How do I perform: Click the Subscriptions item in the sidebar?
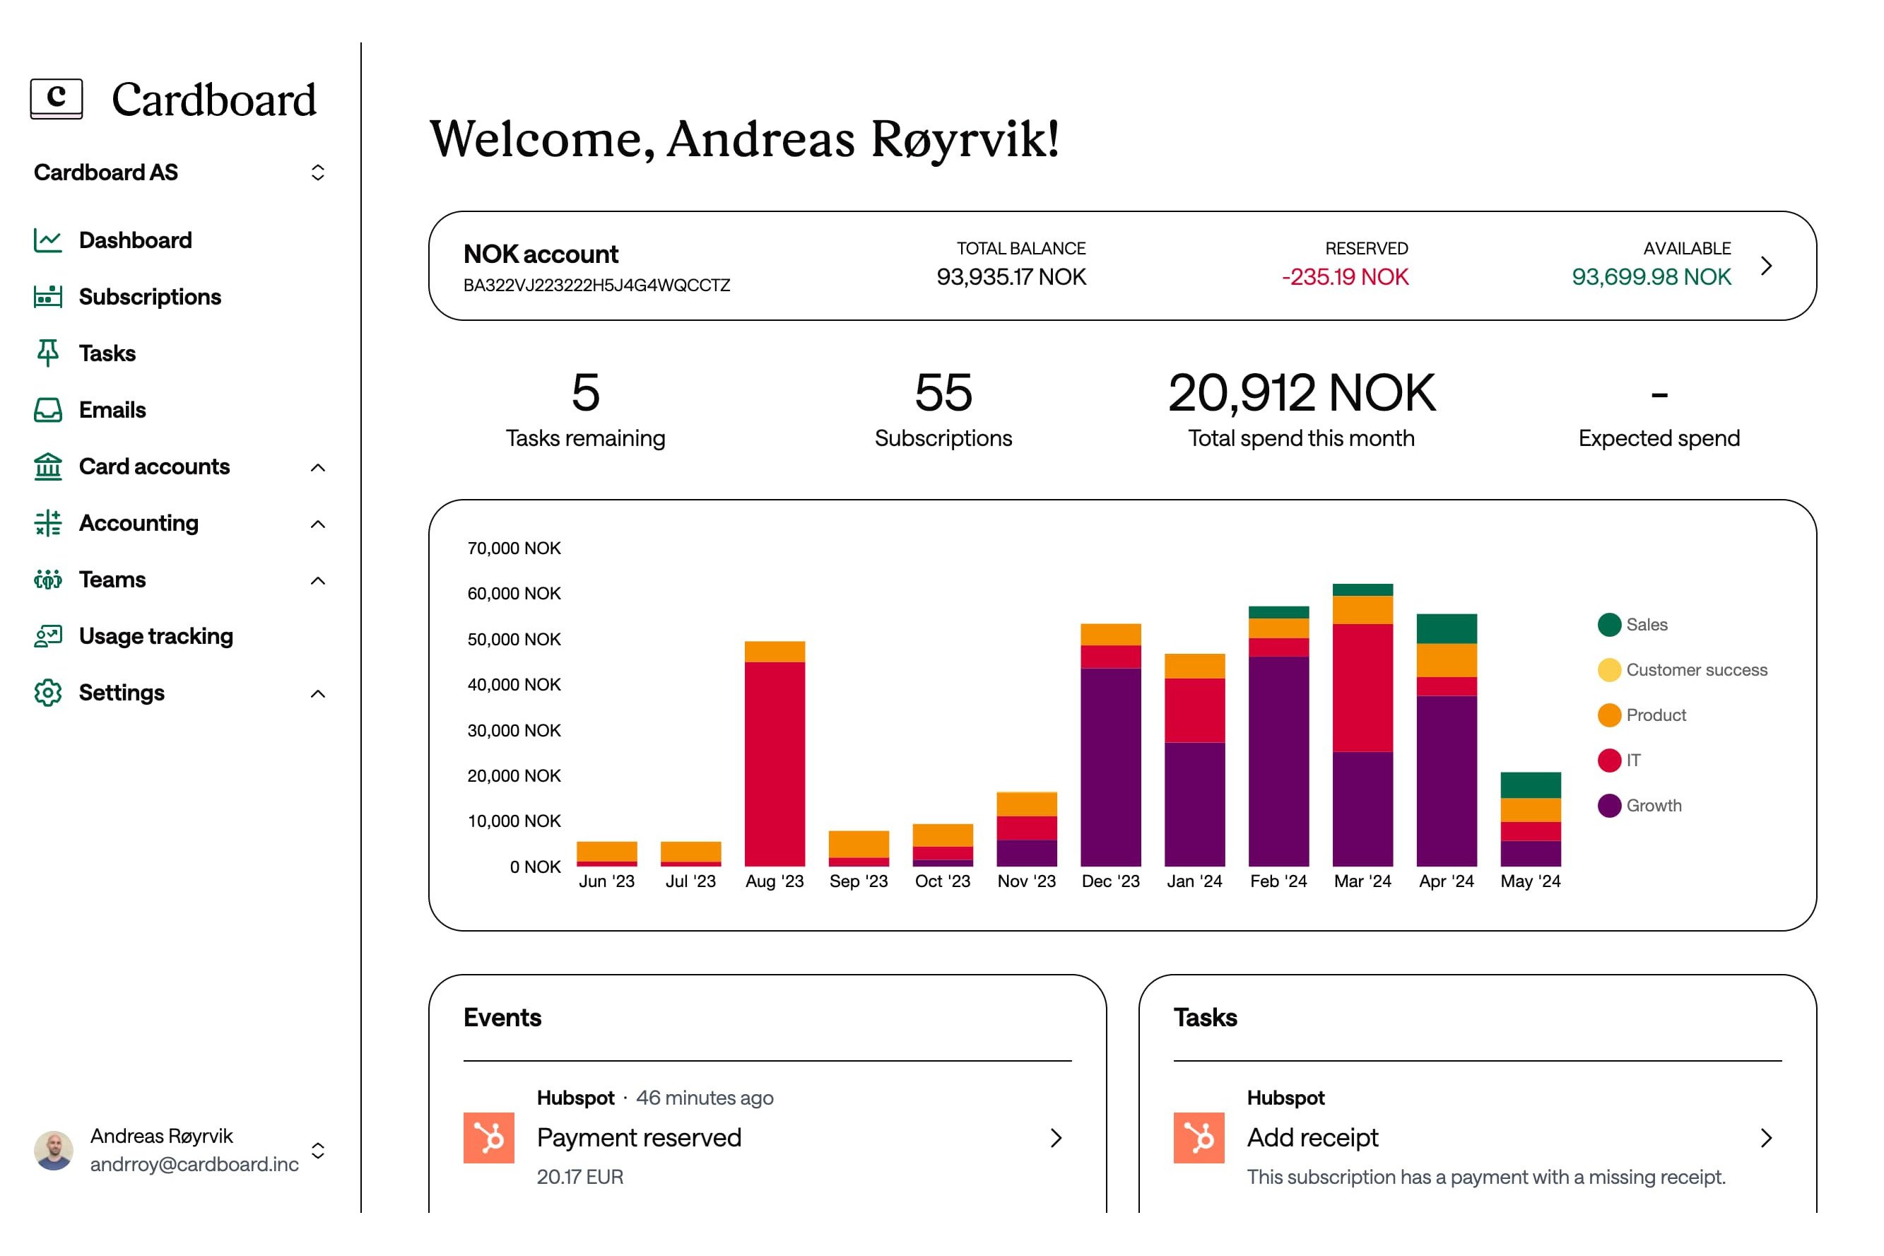149,297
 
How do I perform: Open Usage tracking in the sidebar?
155,636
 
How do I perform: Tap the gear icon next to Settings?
48,693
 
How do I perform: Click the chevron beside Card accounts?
318,468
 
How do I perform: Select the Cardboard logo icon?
56,98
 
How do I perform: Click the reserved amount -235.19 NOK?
1344,277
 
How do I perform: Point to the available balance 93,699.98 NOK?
1650,277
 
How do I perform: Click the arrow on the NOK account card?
1765,266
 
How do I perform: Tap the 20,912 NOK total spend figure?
1301,393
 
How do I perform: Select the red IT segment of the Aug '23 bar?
775,763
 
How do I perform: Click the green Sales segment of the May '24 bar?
1530,785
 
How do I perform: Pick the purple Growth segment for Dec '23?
1111,767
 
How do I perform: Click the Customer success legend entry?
1695,669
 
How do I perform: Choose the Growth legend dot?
1608,806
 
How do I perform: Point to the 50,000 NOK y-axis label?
514,639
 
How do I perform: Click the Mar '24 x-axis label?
1362,881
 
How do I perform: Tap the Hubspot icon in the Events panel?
488,1137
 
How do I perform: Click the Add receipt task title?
1312,1137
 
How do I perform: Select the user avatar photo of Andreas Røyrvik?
54,1150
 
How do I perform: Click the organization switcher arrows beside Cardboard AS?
318,172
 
